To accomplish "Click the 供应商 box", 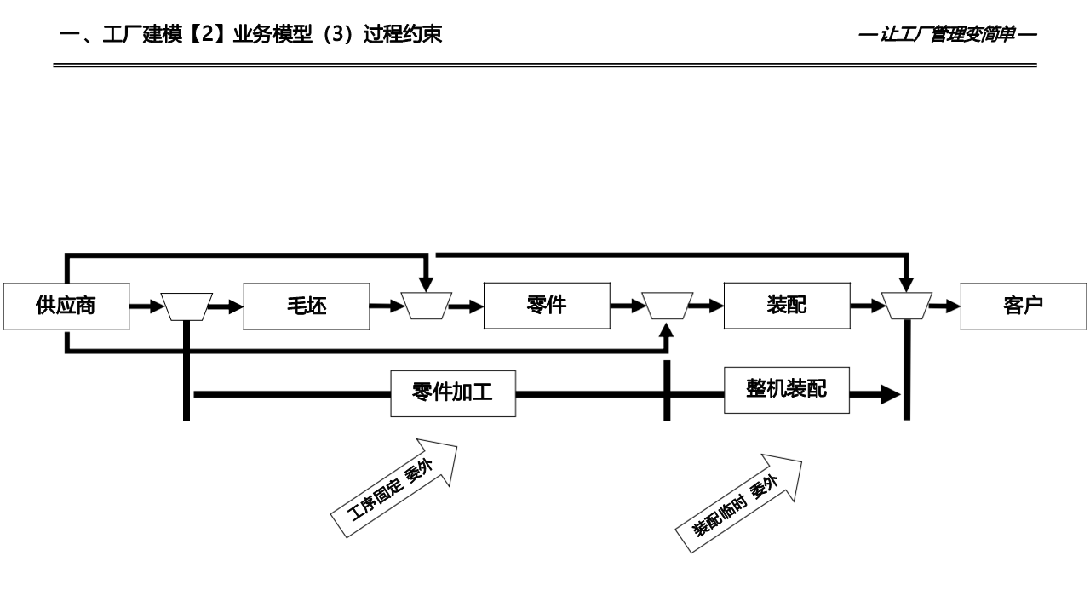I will (66, 306).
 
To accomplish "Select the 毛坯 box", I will (307, 306).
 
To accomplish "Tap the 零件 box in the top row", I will (547, 305).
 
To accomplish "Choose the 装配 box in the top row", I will (787, 305).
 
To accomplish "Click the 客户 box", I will (1024, 306).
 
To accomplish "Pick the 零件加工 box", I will (453, 393).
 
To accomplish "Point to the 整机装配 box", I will (787, 389).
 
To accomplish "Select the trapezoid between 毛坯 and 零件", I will (427, 306).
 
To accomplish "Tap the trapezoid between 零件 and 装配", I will (667, 306).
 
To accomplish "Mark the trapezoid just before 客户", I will (907, 306).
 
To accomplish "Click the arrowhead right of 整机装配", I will (889, 394).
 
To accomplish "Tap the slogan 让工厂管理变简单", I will (947, 35).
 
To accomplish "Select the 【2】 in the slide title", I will (204, 35).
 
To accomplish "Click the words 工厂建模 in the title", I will (142, 35).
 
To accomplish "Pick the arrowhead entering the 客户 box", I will (951, 306).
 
